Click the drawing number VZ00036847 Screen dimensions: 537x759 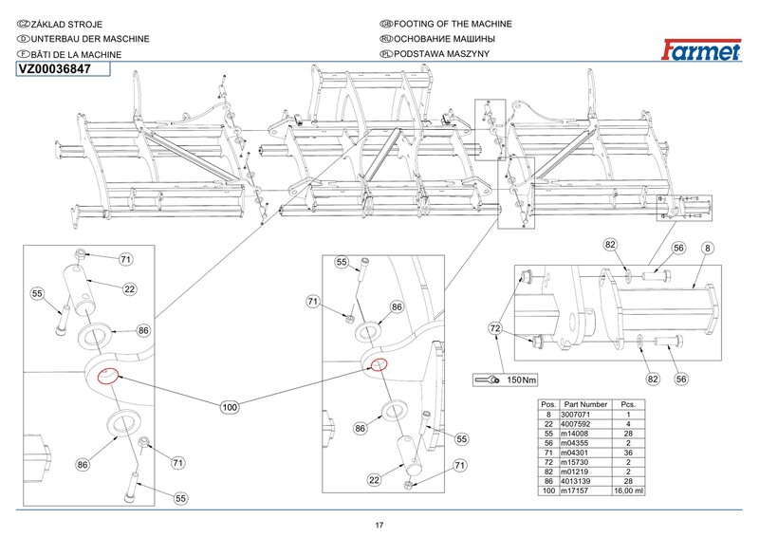pyautogui.click(x=54, y=68)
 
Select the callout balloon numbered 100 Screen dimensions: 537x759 pyautogui.click(x=229, y=407)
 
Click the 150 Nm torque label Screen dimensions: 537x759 pyautogui.click(x=521, y=380)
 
